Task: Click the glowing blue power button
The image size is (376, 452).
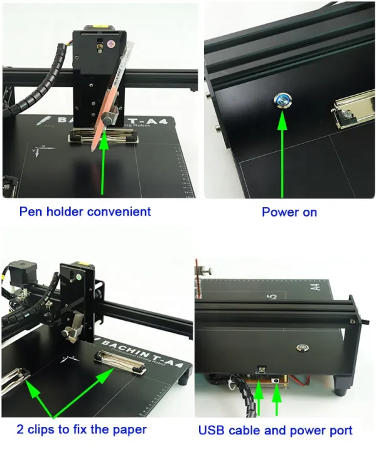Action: [279, 99]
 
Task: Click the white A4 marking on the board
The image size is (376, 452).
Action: [316, 288]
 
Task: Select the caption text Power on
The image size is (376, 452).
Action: [289, 212]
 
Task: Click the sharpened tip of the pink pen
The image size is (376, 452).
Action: [92, 151]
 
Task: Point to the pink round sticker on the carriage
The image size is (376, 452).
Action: [110, 45]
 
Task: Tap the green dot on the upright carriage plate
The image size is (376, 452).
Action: [79, 274]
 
